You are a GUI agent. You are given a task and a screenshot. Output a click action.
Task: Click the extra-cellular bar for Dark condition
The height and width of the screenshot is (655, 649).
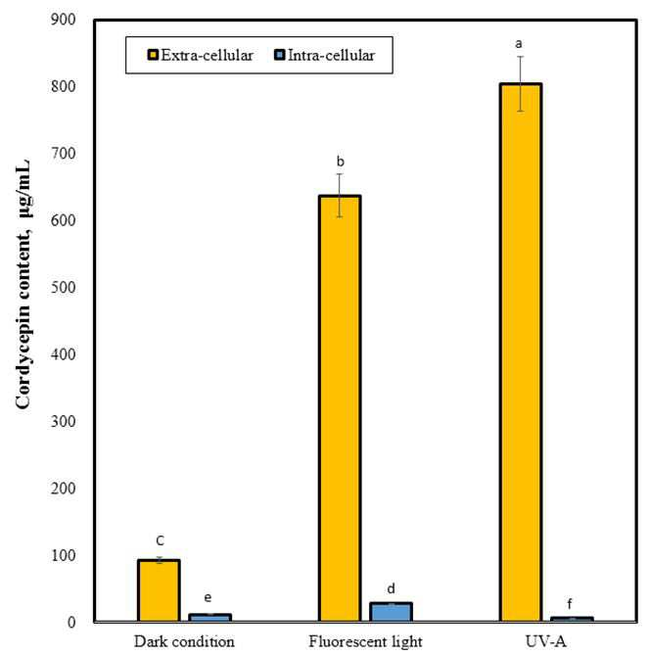coord(159,590)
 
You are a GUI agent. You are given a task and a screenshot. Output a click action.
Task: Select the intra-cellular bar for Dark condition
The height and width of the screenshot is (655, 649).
coord(209,618)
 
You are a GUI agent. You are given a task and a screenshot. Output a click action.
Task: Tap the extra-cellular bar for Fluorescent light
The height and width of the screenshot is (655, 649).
coord(340,408)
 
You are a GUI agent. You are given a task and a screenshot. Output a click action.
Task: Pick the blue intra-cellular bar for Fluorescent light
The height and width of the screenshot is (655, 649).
coord(391,612)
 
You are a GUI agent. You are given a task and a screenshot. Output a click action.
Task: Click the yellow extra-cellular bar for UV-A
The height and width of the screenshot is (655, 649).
coord(521,352)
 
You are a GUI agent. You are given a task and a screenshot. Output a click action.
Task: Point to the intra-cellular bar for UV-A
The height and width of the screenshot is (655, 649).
coord(572,620)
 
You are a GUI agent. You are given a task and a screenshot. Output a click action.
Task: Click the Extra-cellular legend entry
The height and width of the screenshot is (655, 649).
coord(201,55)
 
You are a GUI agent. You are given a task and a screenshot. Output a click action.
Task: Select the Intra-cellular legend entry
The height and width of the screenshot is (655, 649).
coord(325,55)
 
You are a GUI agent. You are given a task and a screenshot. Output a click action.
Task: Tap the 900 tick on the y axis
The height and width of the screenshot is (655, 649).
coord(63,20)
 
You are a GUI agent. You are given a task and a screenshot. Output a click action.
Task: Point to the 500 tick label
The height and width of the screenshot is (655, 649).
coord(63,288)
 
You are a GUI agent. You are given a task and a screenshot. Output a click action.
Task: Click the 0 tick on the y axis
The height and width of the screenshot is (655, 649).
coord(71,623)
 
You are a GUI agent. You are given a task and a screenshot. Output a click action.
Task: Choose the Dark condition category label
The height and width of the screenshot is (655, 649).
coord(184,641)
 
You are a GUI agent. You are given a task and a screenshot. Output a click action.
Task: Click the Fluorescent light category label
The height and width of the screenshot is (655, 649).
coord(365,642)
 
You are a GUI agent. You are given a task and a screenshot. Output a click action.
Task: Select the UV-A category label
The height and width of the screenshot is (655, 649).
coord(546,641)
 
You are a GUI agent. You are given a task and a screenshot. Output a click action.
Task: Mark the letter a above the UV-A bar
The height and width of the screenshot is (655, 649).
coord(519,43)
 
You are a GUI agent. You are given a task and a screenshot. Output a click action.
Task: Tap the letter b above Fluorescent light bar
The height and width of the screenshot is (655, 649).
coord(341,161)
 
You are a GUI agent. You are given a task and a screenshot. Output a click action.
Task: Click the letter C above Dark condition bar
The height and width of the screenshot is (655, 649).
coord(160,541)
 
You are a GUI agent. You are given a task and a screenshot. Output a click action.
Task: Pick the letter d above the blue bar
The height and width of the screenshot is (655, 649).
coord(391,588)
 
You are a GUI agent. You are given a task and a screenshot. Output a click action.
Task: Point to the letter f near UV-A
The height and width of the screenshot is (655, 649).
coord(570,604)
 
